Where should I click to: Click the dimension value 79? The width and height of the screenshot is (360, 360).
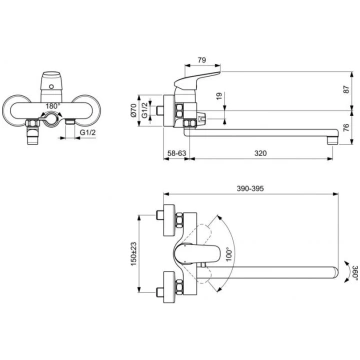click(x=202, y=60)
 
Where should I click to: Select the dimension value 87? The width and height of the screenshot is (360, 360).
click(x=346, y=89)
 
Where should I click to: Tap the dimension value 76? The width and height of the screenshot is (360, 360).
click(x=346, y=128)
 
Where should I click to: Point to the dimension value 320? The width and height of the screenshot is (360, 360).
click(x=261, y=153)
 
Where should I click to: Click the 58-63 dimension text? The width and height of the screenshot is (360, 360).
click(x=176, y=153)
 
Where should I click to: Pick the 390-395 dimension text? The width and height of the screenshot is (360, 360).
click(x=250, y=188)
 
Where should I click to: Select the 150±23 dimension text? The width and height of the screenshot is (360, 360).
click(x=134, y=254)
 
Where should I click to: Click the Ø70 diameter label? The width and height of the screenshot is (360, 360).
click(x=133, y=110)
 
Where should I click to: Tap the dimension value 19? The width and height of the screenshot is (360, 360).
click(x=219, y=97)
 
